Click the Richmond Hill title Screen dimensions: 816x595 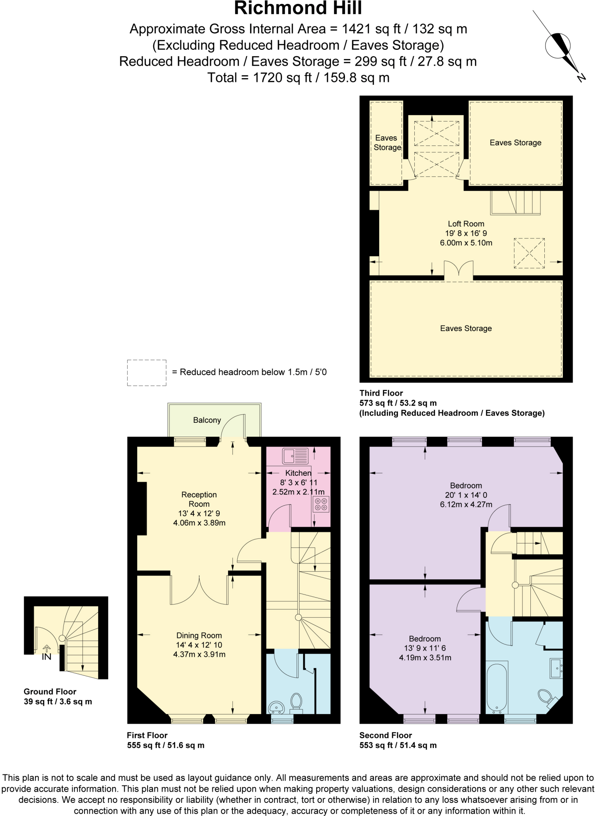tap(297, 8)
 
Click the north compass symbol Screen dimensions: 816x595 tap(558, 46)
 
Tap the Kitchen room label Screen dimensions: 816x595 tap(298, 473)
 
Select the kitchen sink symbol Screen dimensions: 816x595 tap(296, 456)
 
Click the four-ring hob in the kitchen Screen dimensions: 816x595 tap(321, 504)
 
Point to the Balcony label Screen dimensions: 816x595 tap(207, 420)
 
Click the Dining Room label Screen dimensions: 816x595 tap(199, 636)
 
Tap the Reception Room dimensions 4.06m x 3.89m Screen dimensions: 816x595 tap(199, 523)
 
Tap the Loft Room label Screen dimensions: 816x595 tap(466, 224)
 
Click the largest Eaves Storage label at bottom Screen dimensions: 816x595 tap(466, 328)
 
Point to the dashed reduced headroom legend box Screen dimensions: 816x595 tap(147, 373)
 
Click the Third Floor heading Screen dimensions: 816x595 tap(381, 393)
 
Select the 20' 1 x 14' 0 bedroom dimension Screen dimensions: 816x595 tap(466, 495)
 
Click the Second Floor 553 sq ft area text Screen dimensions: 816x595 tap(398, 745)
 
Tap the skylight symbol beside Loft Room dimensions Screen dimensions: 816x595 tap(529, 253)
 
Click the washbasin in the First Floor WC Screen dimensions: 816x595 tap(276, 707)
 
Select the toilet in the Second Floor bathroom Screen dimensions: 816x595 tap(545, 696)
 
